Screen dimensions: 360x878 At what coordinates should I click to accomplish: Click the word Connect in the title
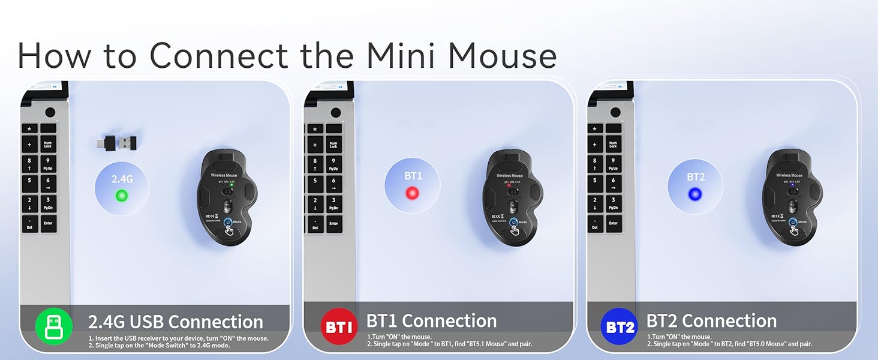pyautogui.click(x=219, y=55)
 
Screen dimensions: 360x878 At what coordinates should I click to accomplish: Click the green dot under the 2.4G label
pyautogui.click(x=122, y=195)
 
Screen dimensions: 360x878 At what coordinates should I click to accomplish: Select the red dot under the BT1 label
pyautogui.click(x=411, y=193)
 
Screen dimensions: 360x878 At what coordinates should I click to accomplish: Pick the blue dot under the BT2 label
pyautogui.click(x=695, y=194)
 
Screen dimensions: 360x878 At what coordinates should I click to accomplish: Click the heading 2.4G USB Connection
pyautogui.click(x=175, y=322)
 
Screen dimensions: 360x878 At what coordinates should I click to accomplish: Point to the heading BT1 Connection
pyautogui.click(x=431, y=321)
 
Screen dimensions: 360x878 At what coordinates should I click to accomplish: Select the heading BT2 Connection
pyautogui.click(x=711, y=321)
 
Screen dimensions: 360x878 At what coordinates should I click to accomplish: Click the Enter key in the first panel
pyautogui.click(x=49, y=224)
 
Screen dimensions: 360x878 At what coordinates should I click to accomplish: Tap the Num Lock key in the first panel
pyautogui.click(x=49, y=144)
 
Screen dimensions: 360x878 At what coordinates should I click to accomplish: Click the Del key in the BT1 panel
pyautogui.click(x=315, y=224)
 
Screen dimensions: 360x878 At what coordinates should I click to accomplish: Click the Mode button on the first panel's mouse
pyautogui.click(x=228, y=224)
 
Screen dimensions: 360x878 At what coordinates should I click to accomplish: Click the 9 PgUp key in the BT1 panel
pyautogui.click(x=333, y=164)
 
